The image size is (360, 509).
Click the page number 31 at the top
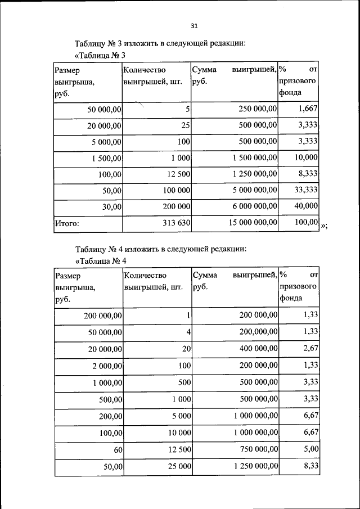[x=195, y=25]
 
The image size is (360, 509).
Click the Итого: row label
[x=66, y=223]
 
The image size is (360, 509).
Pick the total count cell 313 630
[x=175, y=223]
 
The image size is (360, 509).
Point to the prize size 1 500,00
[x=107, y=158]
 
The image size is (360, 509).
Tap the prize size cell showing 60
[x=117, y=449]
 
